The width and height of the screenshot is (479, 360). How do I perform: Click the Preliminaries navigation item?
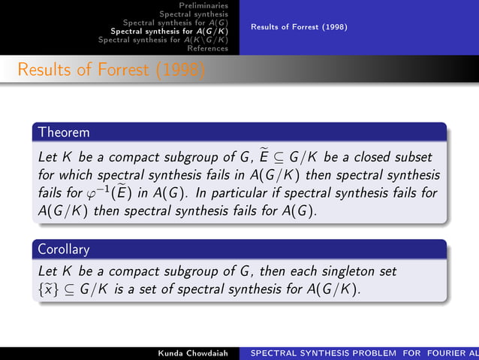click(x=199, y=5)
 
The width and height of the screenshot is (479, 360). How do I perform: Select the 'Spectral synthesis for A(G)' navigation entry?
click(x=175, y=23)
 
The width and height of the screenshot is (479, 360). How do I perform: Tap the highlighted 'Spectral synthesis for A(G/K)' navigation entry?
click(x=169, y=32)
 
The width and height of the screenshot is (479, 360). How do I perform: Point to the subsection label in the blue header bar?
click(x=299, y=27)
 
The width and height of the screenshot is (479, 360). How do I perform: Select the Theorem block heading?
click(x=65, y=132)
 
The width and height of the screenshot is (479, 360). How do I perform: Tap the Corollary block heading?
click(x=65, y=248)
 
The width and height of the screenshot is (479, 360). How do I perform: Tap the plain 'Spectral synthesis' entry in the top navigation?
click(x=194, y=14)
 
